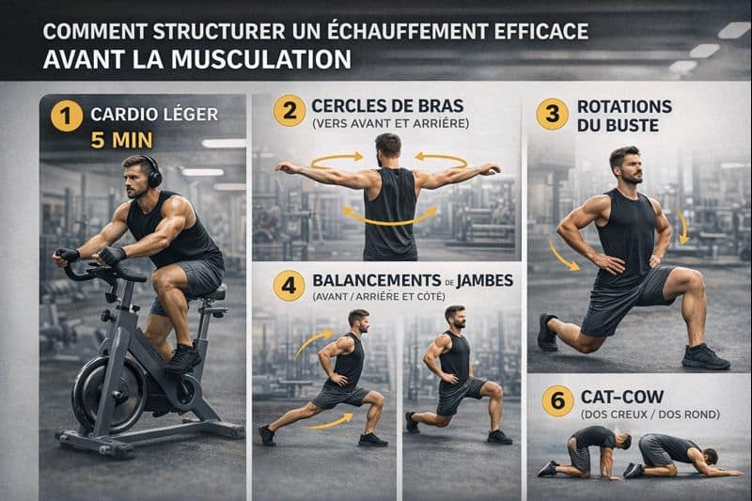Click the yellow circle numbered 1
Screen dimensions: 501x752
(66, 117)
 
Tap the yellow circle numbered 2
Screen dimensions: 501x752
(289, 110)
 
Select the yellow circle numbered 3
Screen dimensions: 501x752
(552, 114)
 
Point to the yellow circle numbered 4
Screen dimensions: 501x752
(289, 285)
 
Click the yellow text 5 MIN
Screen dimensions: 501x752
(123, 144)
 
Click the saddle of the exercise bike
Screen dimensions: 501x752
(213, 294)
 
